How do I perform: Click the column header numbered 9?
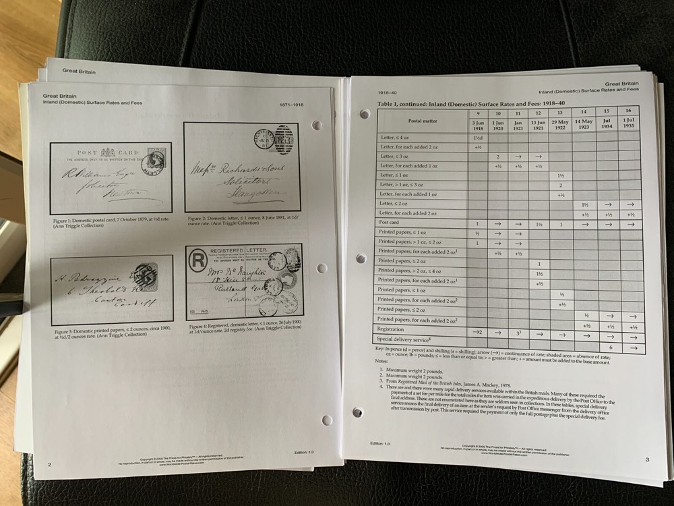tap(477, 113)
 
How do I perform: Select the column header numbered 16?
tap(629, 110)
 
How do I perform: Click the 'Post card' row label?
tap(390, 223)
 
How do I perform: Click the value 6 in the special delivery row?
tap(610, 346)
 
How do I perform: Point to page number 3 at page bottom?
tap(646, 460)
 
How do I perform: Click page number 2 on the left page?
tap(49, 464)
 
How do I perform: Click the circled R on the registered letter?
tap(198, 262)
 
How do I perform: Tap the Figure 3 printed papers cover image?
tap(111, 289)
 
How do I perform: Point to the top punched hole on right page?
tap(365, 114)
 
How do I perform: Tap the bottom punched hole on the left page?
tap(327, 420)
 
